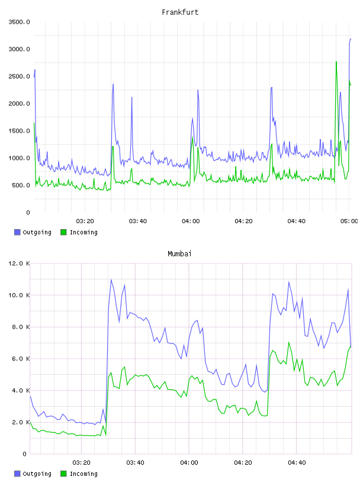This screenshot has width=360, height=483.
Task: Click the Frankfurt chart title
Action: click(180, 12)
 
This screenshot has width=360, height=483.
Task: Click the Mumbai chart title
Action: click(179, 254)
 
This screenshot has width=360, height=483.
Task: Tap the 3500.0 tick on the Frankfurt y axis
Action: click(20, 22)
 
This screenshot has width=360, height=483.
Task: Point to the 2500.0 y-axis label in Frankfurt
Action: click(20, 76)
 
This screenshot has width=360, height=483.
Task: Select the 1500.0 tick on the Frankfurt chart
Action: click(20, 131)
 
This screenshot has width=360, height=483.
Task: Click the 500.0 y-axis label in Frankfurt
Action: click(21, 185)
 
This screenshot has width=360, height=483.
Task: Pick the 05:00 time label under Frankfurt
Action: click(349, 221)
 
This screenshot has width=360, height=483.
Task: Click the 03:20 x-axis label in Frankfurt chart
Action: click(85, 221)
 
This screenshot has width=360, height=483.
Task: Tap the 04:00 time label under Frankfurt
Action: click(191, 221)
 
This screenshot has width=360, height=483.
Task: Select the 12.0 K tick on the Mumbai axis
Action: click(20, 263)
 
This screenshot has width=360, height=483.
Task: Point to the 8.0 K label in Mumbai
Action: click(21, 327)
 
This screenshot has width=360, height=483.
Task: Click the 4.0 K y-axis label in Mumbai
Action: click(21, 390)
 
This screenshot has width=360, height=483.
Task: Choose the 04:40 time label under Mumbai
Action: click(297, 463)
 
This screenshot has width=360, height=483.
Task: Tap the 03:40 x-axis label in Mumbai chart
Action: click(135, 463)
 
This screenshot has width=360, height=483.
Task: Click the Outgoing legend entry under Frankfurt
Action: click(33, 232)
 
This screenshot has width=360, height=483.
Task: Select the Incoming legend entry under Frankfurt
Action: click(79, 232)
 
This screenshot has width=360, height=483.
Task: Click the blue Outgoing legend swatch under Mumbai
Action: click(17, 474)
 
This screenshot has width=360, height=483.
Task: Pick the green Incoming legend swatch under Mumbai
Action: click(63, 474)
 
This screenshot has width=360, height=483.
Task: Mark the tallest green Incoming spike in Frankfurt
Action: click(336, 62)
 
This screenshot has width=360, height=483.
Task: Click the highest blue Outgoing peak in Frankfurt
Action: click(351, 39)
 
